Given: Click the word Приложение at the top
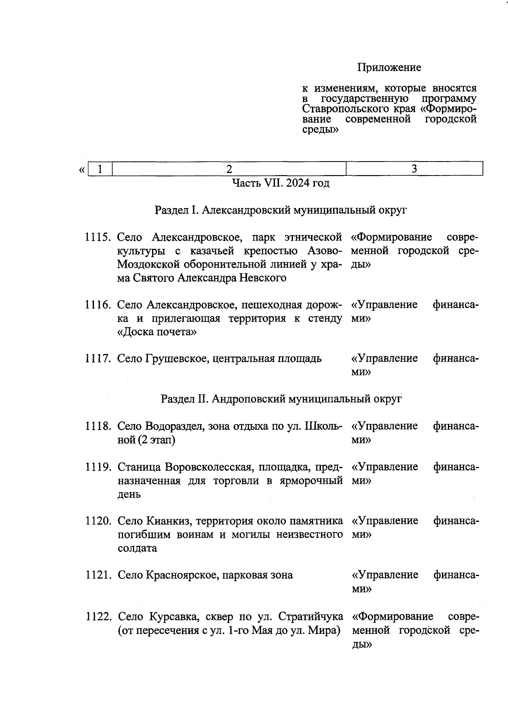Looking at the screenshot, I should pos(389,68).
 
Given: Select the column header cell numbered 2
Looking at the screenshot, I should pos(229,169).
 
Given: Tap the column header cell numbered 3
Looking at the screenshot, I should pos(414,169).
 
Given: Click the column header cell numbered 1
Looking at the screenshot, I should pos(100,169).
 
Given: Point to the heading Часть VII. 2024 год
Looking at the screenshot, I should pos(281,183).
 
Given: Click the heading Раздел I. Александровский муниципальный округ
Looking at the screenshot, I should pos(281,210).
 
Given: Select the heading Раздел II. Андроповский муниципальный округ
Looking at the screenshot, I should pos(281,399).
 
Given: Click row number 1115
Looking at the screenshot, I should pos(98,237).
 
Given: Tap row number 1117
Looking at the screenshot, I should pos(98,359).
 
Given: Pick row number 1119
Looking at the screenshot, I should pos(98,467).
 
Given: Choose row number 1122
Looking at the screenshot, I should pos(98,617).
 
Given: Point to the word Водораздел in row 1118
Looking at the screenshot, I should pos(175,426).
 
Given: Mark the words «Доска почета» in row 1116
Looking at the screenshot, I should pos(157,332).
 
